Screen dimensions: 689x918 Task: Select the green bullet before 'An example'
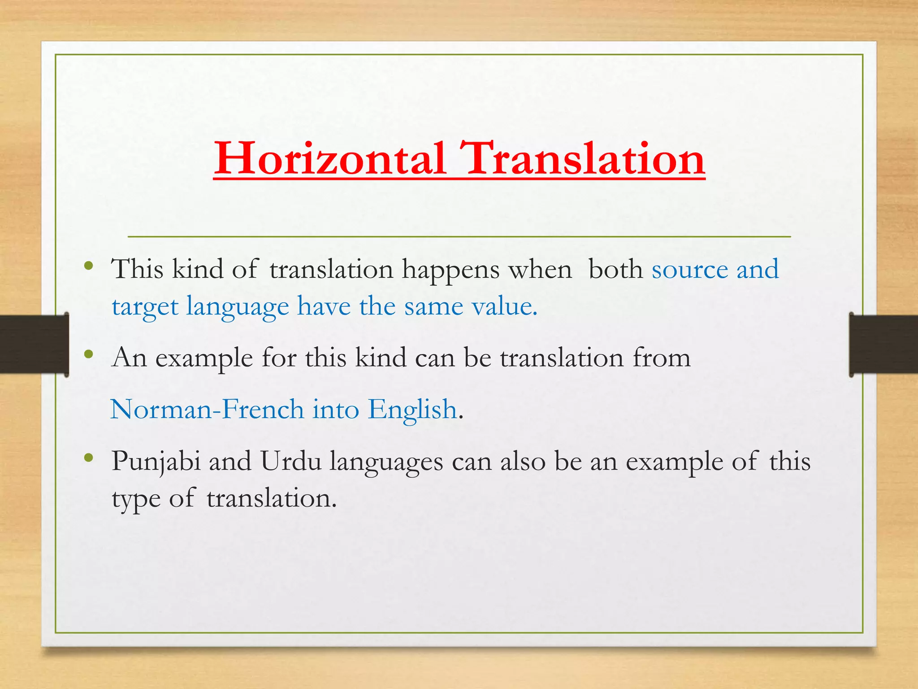88,354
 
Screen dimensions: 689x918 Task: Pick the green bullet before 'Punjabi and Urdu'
88,458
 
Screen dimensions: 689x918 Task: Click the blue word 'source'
689,270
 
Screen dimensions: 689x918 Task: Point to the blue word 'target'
145,308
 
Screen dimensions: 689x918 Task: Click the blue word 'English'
412,410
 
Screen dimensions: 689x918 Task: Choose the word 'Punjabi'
156,462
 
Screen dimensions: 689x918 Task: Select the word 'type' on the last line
136,500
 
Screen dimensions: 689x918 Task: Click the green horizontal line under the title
459,236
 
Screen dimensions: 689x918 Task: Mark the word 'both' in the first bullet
615,270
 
